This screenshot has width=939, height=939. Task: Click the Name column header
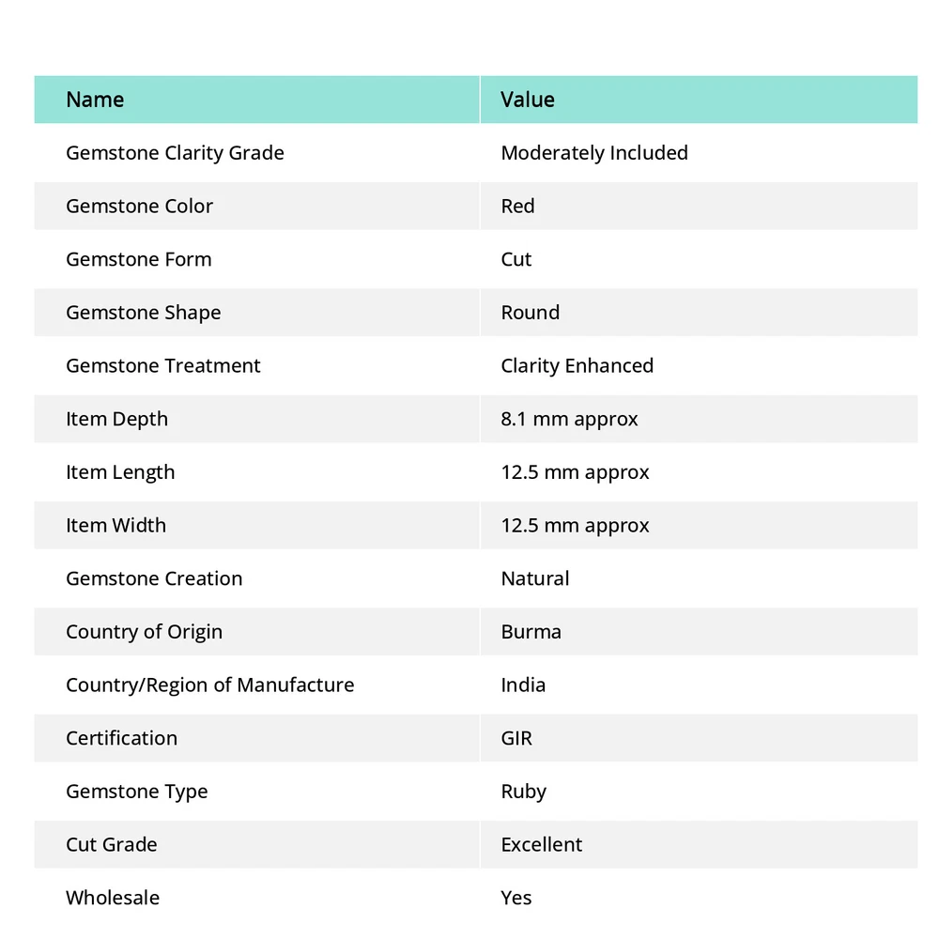pyautogui.click(x=95, y=100)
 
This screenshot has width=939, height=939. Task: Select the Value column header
pyautogui.click(x=528, y=100)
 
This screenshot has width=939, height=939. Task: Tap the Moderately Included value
pyautogui.click(x=594, y=153)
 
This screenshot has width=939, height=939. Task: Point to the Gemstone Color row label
pyautogui.click(x=139, y=207)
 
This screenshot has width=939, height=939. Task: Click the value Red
pyautogui.click(x=517, y=207)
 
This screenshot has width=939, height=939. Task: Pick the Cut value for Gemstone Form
pyautogui.click(x=516, y=259)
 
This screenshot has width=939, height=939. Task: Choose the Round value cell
pyautogui.click(x=531, y=313)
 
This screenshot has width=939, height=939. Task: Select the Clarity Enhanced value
pyautogui.click(x=577, y=366)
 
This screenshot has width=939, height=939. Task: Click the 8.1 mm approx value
pyautogui.click(x=569, y=419)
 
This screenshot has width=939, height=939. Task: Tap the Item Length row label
pyautogui.click(x=120, y=472)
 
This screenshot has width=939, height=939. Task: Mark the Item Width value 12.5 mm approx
pyautogui.click(x=575, y=526)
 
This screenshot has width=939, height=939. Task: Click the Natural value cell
pyautogui.click(x=535, y=578)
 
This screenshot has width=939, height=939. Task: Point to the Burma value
pyautogui.click(x=531, y=632)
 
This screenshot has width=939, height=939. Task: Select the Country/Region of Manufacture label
pyautogui.click(x=210, y=685)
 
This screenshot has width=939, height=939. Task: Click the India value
pyautogui.click(x=523, y=685)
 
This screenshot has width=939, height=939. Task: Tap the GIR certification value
pyautogui.click(x=516, y=738)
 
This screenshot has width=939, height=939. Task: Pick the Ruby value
pyautogui.click(x=523, y=792)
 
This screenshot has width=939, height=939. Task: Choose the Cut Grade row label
pyautogui.click(x=112, y=845)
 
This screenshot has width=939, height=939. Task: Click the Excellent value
pyautogui.click(x=542, y=845)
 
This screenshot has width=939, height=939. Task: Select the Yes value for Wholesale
pyautogui.click(x=516, y=898)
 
